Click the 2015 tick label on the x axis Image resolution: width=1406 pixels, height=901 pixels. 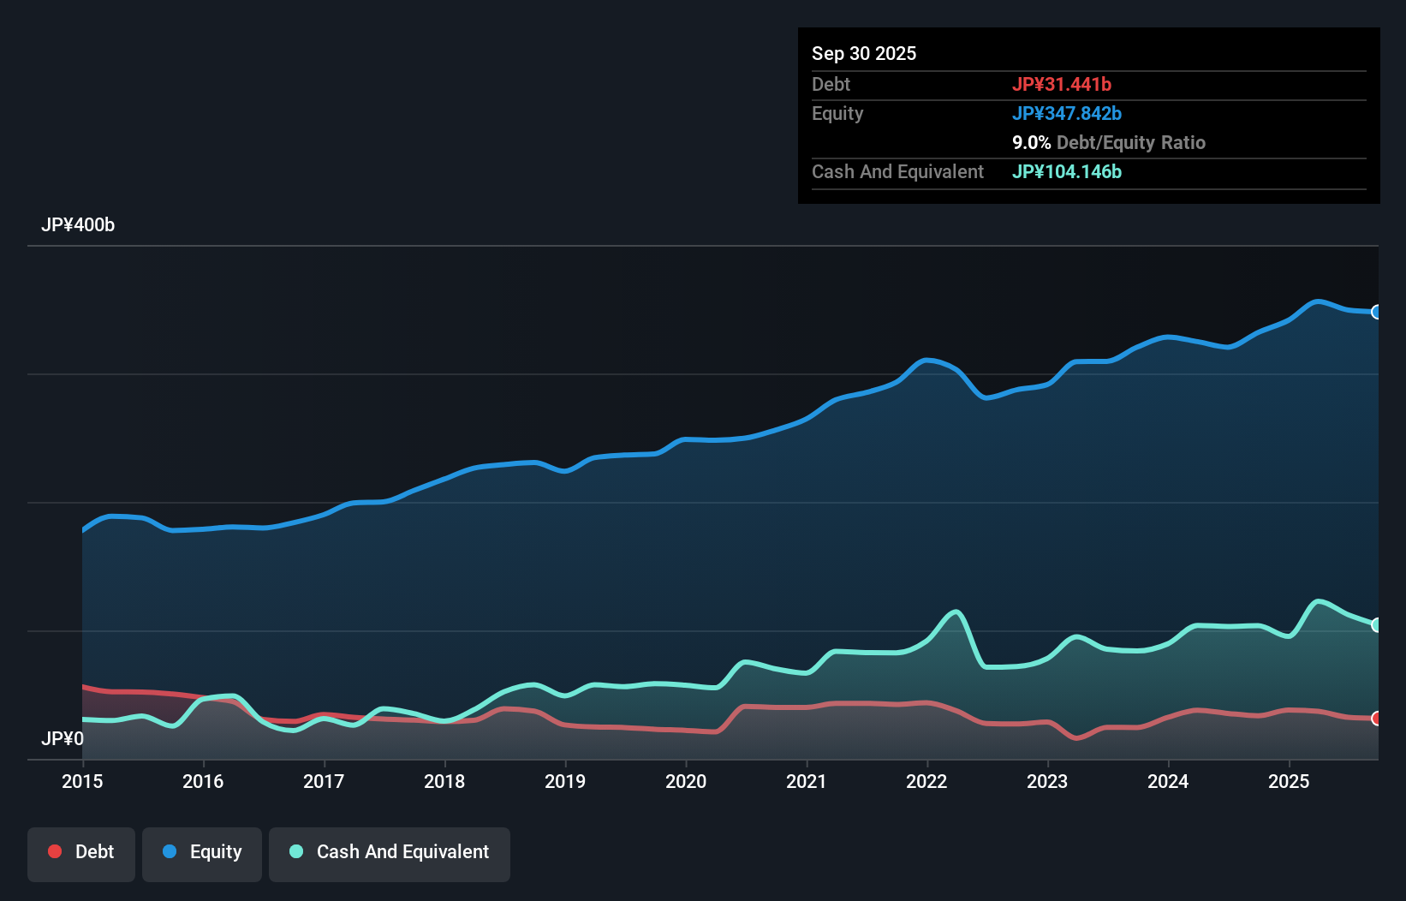click(x=82, y=781)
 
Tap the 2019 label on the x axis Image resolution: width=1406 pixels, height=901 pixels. click(x=565, y=781)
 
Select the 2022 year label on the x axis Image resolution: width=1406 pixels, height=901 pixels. click(x=926, y=781)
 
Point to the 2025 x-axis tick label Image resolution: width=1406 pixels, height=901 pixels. click(x=1289, y=781)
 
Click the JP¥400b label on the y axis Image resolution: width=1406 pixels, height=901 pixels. click(x=78, y=225)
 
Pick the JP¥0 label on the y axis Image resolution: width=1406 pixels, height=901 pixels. click(x=63, y=738)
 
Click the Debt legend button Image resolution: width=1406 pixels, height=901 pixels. click(x=81, y=852)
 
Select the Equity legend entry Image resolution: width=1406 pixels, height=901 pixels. click(x=202, y=852)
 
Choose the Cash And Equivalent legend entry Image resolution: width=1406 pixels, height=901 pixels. click(x=390, y=852)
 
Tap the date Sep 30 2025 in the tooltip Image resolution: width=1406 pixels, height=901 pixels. click(x=864, y=53)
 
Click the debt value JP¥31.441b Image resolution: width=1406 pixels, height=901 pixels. click(x=1062, y=84)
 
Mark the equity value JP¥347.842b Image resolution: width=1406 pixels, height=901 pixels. click(x=1067, y=113)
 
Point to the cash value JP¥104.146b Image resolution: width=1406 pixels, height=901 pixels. click(x=1067, y=171)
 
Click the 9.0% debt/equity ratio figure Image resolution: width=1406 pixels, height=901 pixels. click(x=1031, y=142)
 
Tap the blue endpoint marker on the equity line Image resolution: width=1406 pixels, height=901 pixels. click(x=1377, y=312)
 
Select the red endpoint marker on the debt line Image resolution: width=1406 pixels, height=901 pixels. click(x=1377, y=718)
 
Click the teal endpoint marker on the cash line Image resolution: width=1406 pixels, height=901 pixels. click(x=1377, y=624)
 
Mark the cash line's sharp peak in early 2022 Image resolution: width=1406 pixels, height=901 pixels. click(x=956, y=612)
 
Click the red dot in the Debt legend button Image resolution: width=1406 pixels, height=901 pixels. click(x=55, y=851)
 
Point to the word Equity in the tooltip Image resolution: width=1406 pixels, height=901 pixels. click(x=837, y=113)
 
